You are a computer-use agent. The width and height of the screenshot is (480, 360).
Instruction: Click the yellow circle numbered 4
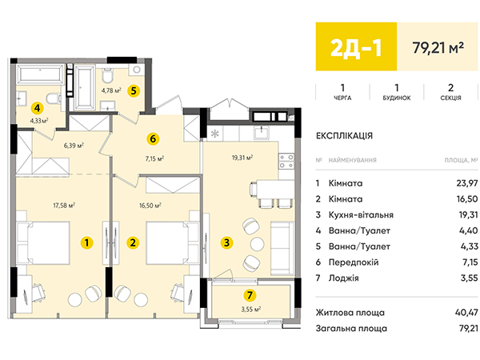pyautogui.click(x=38, y=108)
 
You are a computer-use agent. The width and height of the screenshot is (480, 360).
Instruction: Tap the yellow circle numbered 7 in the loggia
pyautogui.click(x=250, y=295)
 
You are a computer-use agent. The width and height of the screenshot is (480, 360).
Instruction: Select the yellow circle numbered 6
pyautogui.click(x=153, y=138)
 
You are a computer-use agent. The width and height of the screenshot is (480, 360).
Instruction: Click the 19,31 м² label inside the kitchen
pyautogui.click(x=242, y=158)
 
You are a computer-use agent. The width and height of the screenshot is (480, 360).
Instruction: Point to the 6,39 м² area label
pyautogui.click(x=74, y=146)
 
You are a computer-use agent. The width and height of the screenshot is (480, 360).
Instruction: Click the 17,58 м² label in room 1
pyautogui.click(x=64, y=205)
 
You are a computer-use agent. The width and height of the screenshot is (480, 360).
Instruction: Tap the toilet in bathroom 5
pyautogui.click(x=107, y=76)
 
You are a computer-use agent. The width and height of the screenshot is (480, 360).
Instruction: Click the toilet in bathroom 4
pyautogui.click(x=54, y=98)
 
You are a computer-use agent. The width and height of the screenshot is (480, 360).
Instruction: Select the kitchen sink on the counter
pyautogui.click(x=262, y=132)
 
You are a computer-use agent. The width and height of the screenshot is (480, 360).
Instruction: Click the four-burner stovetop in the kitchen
pyautogui.click(x=286, y=162)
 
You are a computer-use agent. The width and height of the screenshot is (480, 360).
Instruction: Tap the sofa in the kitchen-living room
pyautogui.click(x=282, y=248)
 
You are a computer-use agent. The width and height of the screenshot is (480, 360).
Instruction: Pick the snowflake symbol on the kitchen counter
pyautogui.click(x=215, y=134)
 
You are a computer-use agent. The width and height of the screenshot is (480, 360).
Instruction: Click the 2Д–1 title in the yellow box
pyautogui.click(x=356, y=48)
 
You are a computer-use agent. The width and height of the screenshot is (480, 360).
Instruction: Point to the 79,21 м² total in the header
pyautogui.click(x=438, y=47)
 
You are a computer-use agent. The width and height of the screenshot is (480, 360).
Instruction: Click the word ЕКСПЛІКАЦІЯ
pyautogui.click(x=344, y=136)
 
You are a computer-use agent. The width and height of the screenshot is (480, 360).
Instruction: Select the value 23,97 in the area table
pyautogui.click(x=467, y=183)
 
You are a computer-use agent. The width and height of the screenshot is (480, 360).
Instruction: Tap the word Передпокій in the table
pyautogui.click(x=354, y=262)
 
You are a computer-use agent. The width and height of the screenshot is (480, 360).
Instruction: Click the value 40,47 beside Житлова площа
pyautogui.click(x=466, y=313)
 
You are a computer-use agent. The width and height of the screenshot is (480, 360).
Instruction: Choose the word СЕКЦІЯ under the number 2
pyautogui.click(x=450, y=98)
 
